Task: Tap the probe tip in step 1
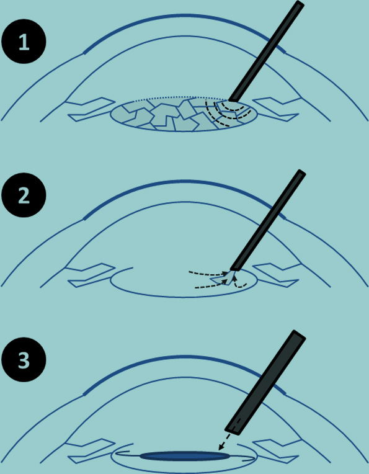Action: tap(233, 99)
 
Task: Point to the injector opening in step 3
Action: tap(234, 429)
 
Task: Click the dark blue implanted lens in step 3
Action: tap(184, 456)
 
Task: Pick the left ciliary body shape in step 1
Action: tap(87, 109)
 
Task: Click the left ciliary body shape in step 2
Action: tap(87, 275)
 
